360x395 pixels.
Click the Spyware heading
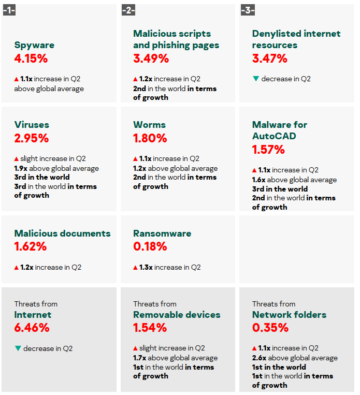(34, 45)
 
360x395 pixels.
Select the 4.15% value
(31, 58)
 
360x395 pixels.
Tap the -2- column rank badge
(128, 10)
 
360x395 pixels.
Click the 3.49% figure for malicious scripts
(151, 58)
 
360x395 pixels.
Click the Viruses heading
(32, 125)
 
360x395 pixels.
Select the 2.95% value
(32, 138)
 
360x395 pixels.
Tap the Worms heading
(149, 125)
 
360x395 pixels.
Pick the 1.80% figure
(150, 138)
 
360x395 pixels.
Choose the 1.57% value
(268, 150)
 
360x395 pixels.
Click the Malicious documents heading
(62, 233)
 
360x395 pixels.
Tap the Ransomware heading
(162, 233)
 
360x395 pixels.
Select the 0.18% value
(150, 246)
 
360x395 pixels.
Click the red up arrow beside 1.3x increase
(136, 268)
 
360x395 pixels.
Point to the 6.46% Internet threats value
(32, 328)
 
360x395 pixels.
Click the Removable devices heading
(177, 315)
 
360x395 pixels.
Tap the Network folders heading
(289, 315)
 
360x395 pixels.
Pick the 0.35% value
(270, 328)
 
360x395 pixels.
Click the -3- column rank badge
(248, 10)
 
